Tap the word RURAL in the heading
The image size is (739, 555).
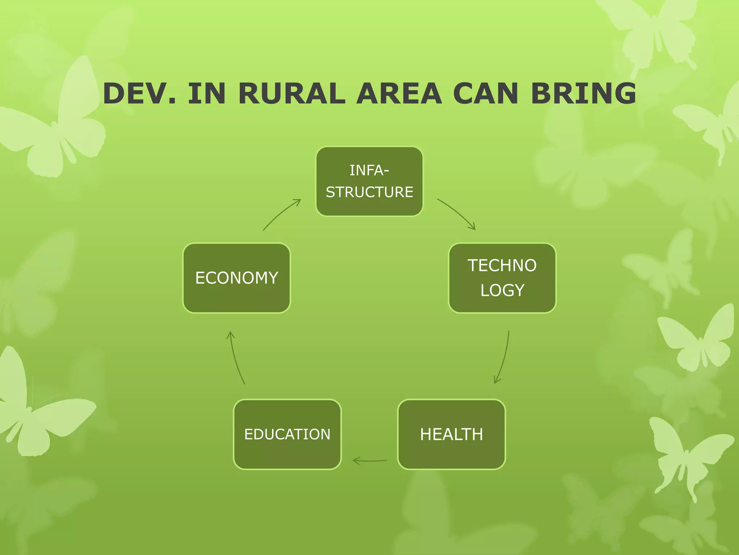pyautogui.click(x=292, y=93)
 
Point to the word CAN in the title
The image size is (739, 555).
pyautogui.click(x=486, y=93)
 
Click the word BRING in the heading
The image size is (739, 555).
pyautogui.click(x=583, y=93)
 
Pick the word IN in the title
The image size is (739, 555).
pyautogui.click(x=207, y=93)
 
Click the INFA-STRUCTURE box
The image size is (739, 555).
pyautogui.click(x=369, y=181)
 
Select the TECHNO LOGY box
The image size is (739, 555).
pyautogui.click(x=502, y=278)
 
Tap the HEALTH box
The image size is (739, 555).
pyautogui.click(x=451, y=434)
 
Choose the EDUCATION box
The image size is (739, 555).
pyautogui.click(x=287, y=434)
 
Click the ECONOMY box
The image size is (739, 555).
pyautogui.click(x=237, y=278)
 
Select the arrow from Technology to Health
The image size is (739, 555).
pyautogui.click(x=504, y=358)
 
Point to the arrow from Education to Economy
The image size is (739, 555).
pyautogui.click(x=236, y=358)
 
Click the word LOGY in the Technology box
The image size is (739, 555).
pyautogui.click(x=502, y=290)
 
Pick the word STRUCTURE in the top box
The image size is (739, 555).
pyautogui.click(x=369, y=192)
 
